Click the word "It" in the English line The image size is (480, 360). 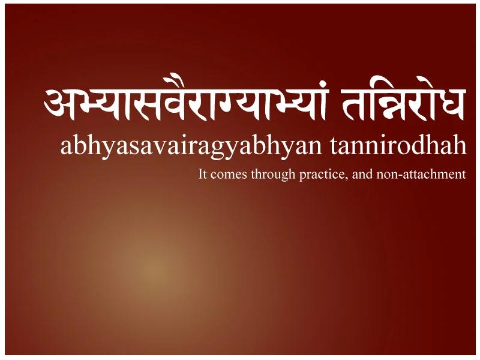202,175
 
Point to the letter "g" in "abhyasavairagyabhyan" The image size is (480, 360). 218,150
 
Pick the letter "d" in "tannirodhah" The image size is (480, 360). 430,145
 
